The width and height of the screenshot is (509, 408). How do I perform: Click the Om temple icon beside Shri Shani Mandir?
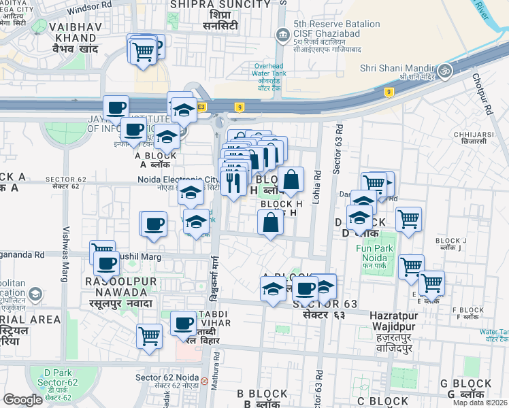coord(446,69)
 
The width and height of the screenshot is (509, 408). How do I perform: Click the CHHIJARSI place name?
coord(474,134)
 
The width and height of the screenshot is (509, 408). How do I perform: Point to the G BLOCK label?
coord(465,384)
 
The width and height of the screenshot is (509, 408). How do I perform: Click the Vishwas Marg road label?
coord(66,244)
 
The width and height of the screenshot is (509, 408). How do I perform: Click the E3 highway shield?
coord(201,107)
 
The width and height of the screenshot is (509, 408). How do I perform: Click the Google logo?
coord(23,400)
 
